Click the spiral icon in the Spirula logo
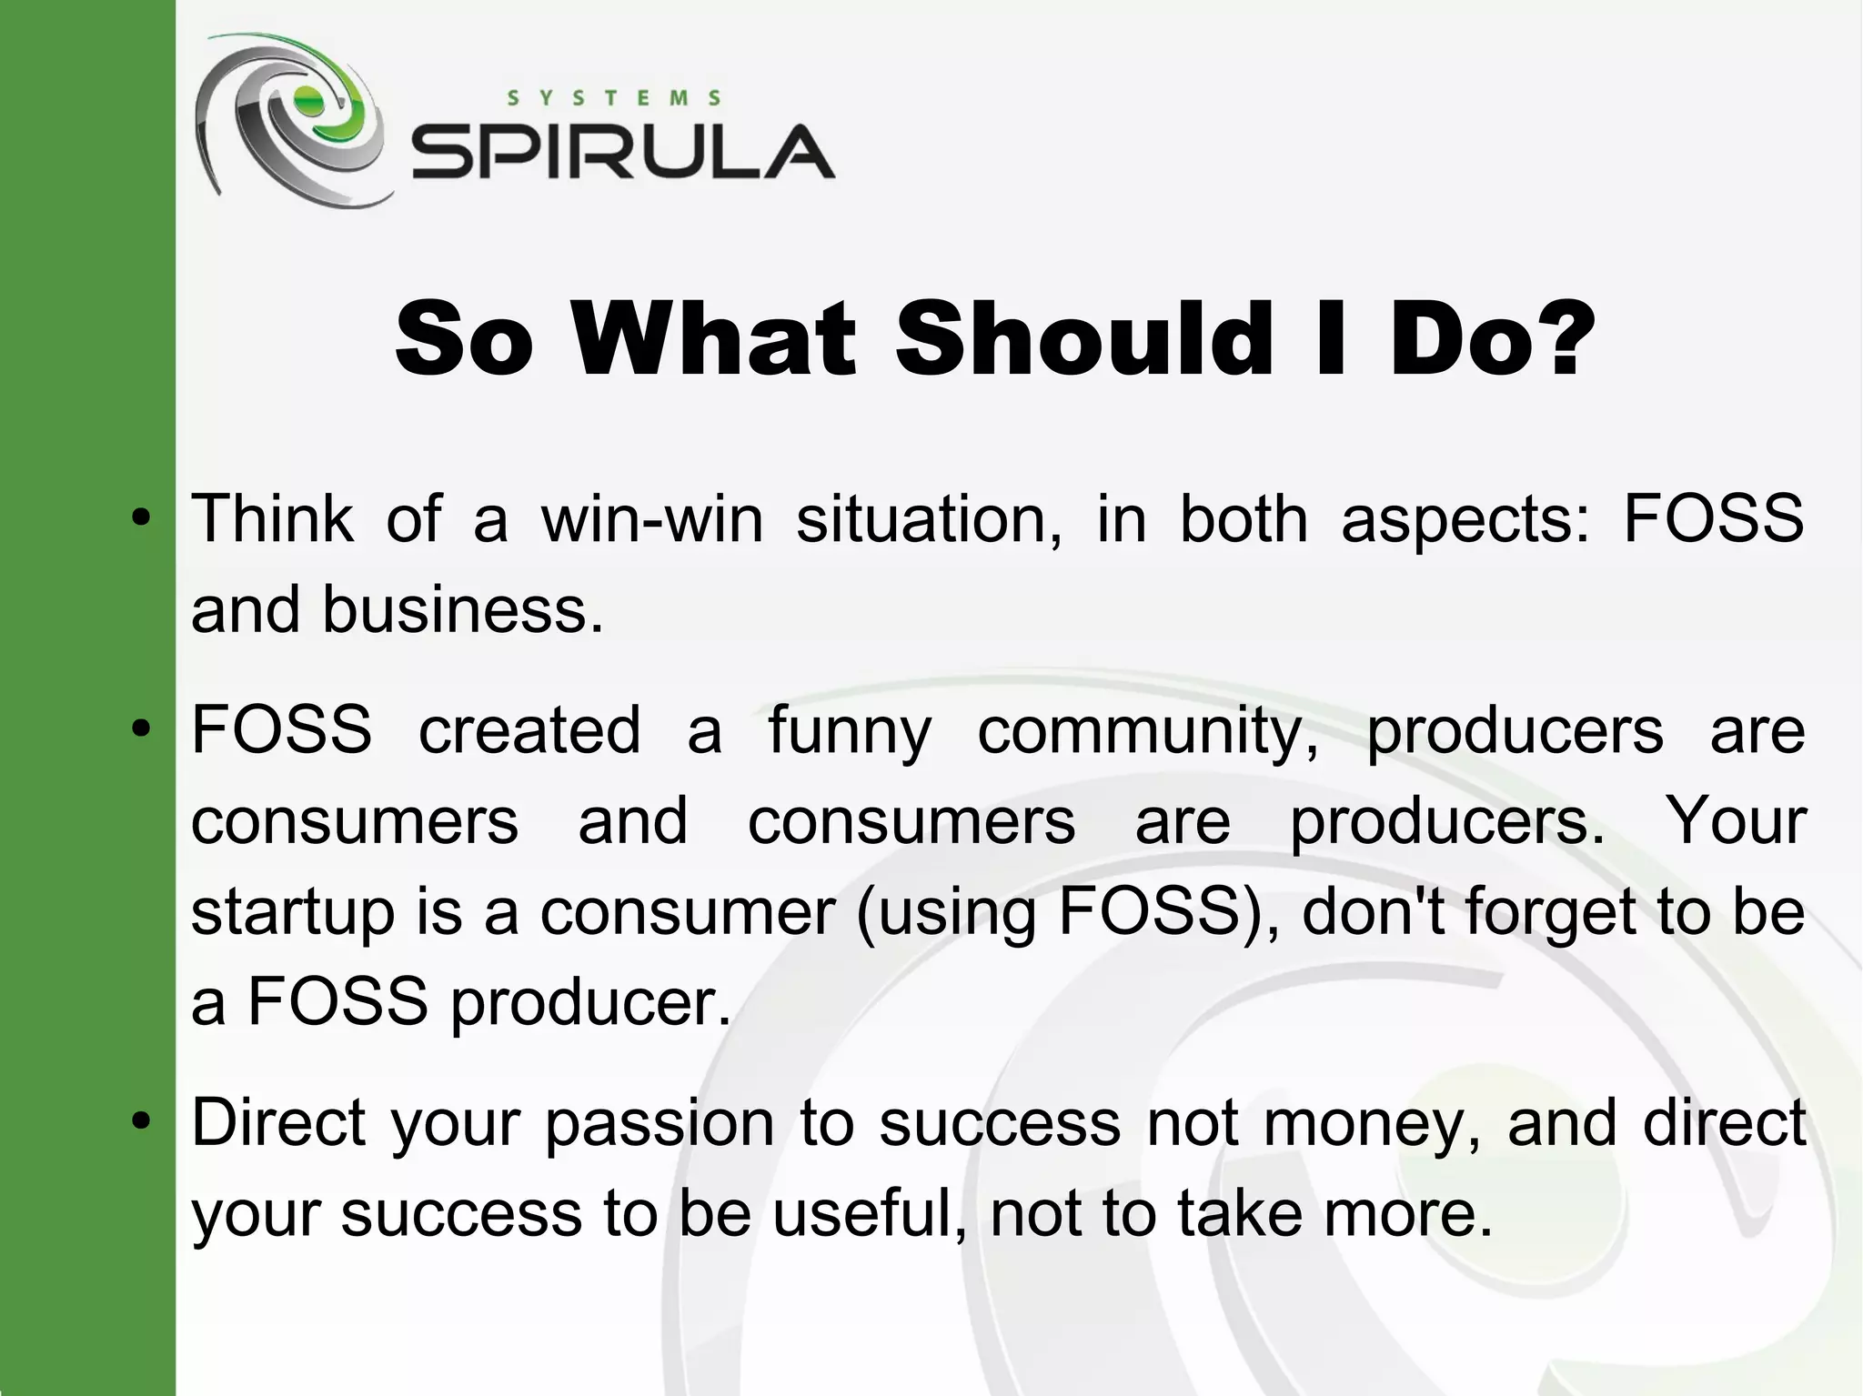(289, 118)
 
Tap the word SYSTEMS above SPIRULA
(614, 98)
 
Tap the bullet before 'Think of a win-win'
(140, 518)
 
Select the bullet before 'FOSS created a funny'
(140, 729)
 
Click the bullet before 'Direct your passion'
(140, 1121)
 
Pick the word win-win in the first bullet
(652, 518)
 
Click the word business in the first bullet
(462, 609)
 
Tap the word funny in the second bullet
(850, 731)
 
